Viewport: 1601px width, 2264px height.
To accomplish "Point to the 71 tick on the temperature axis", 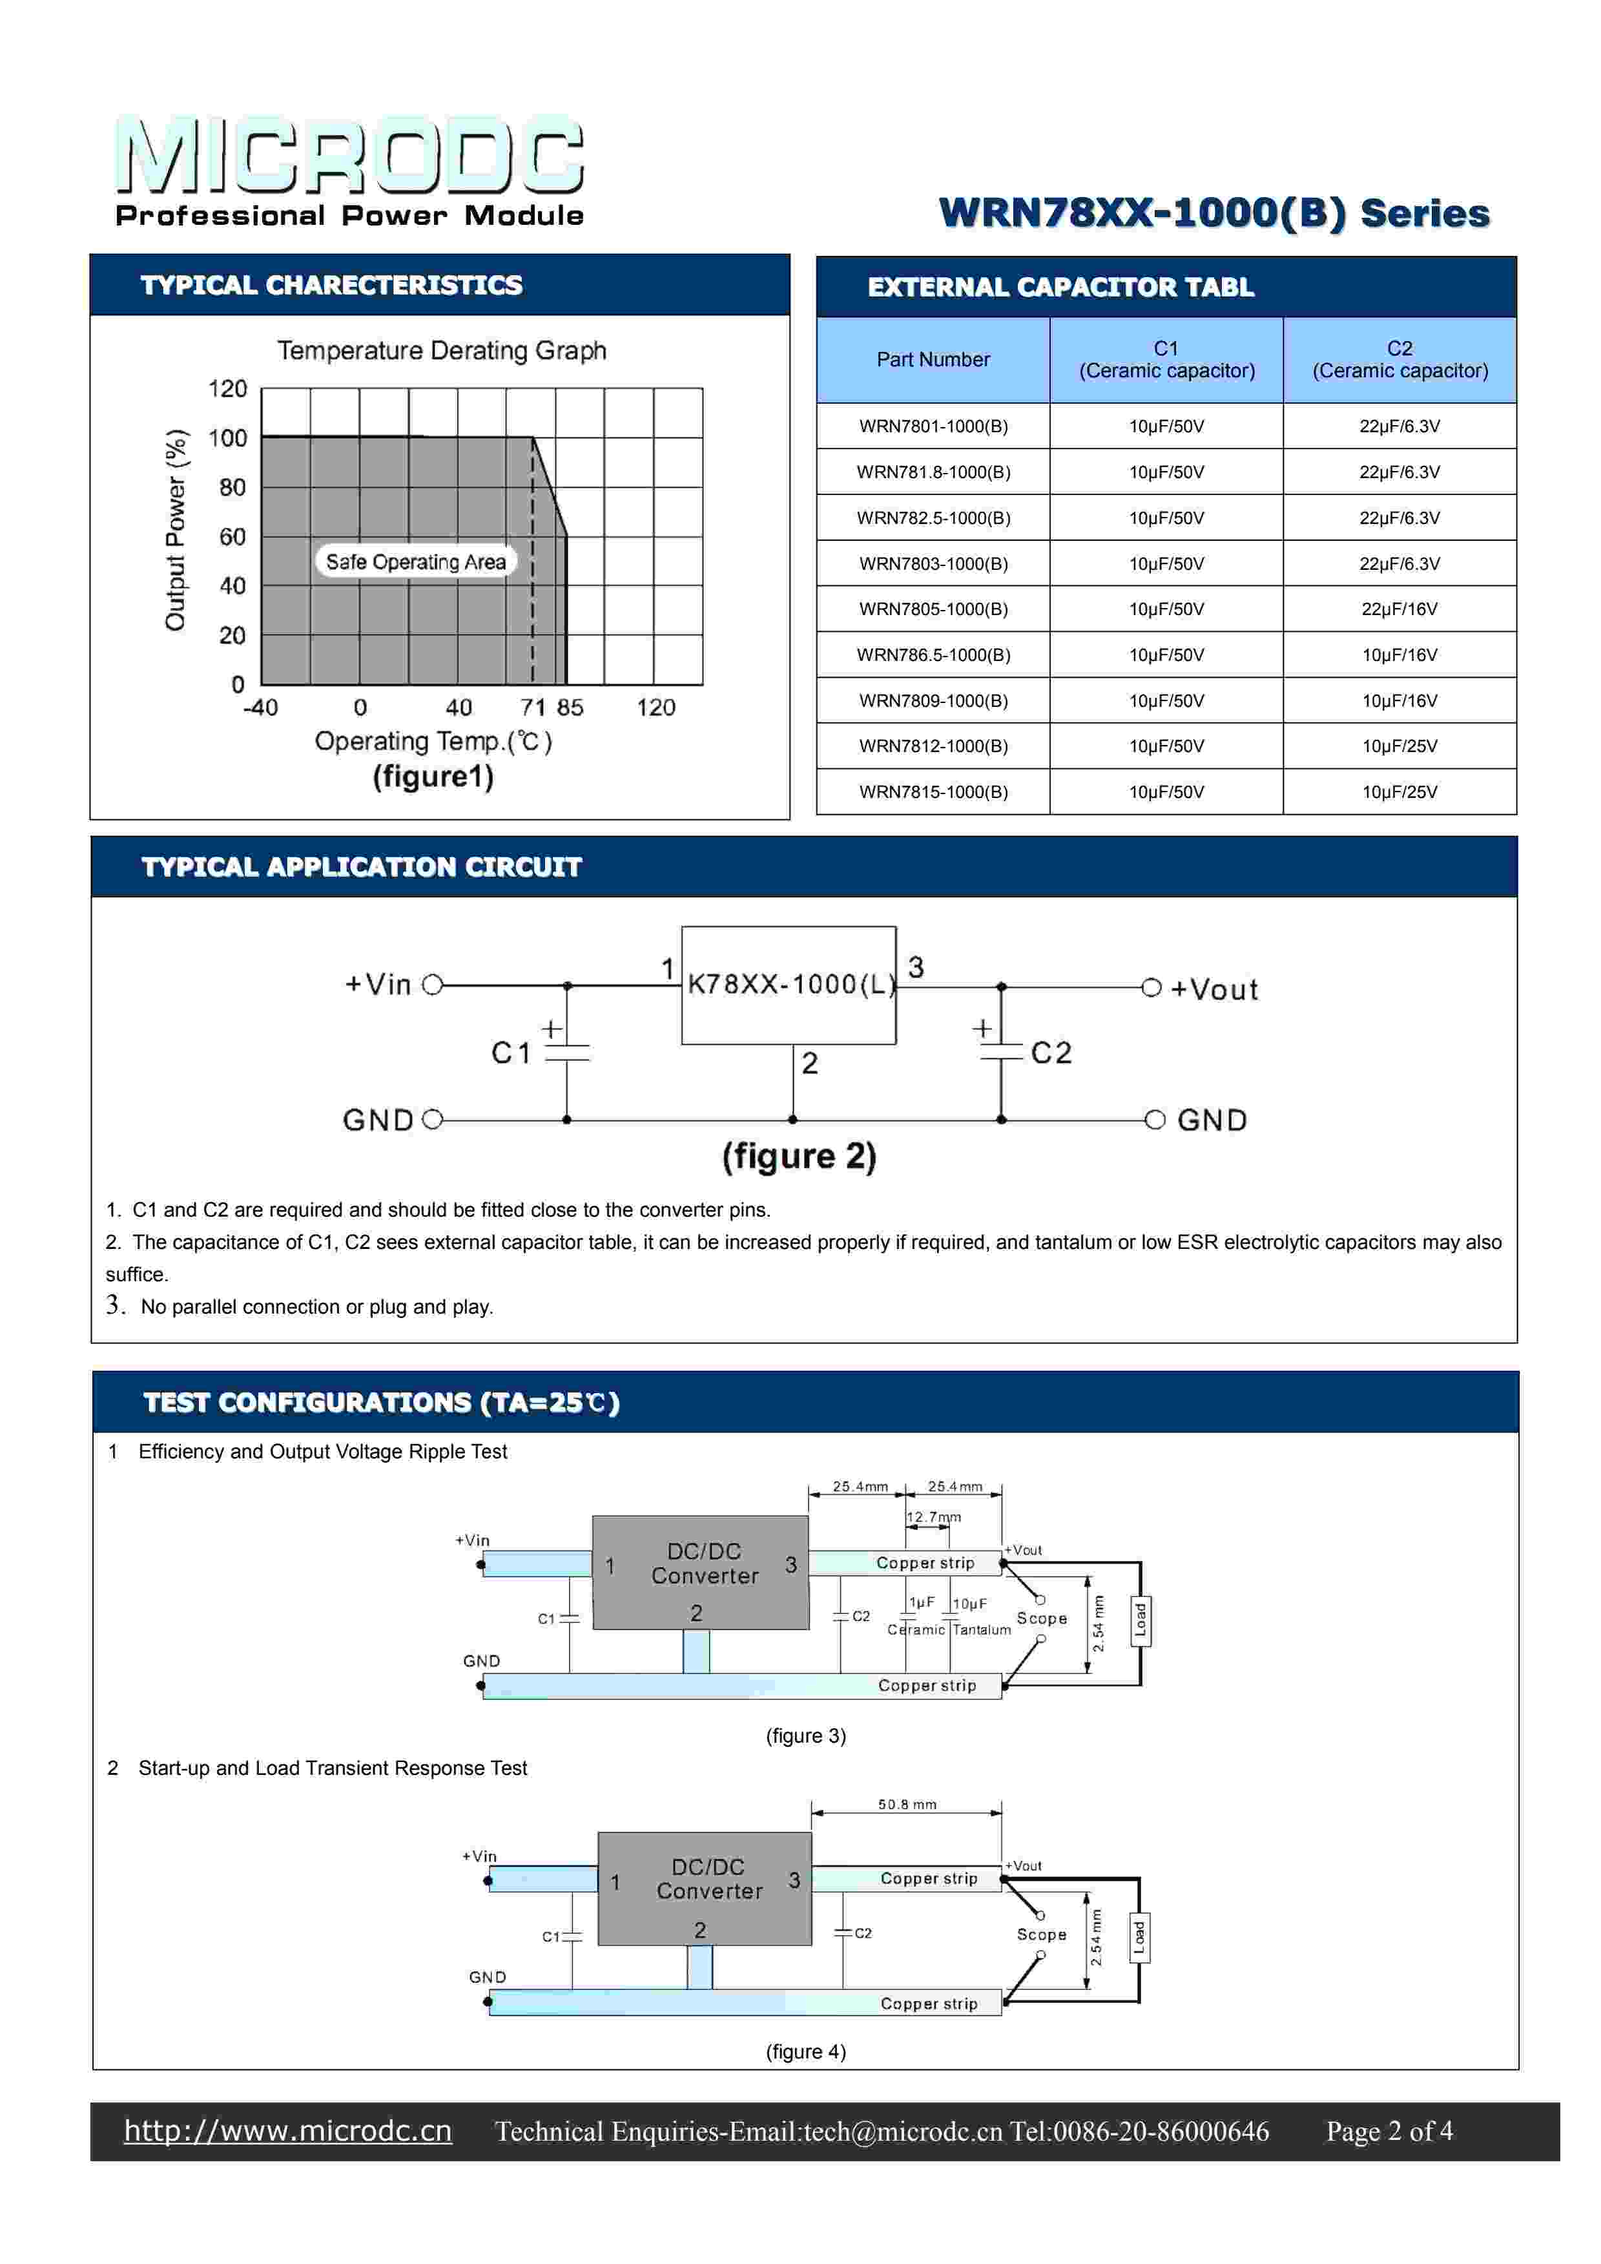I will (532, 707).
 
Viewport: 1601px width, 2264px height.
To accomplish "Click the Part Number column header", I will (933, 359).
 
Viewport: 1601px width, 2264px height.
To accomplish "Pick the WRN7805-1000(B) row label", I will (933, 609).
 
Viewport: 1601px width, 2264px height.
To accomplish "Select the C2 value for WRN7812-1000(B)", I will (1399, 746).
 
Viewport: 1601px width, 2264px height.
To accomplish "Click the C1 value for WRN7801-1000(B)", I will (1166, 426).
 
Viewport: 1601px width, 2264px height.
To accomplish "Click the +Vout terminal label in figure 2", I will (1214, 989).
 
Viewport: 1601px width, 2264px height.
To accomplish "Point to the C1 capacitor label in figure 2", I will (511, 1053).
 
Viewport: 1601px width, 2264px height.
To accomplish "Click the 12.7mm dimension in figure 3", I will (934, 1516).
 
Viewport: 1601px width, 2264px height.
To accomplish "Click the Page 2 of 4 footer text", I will (1389, 2131).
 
